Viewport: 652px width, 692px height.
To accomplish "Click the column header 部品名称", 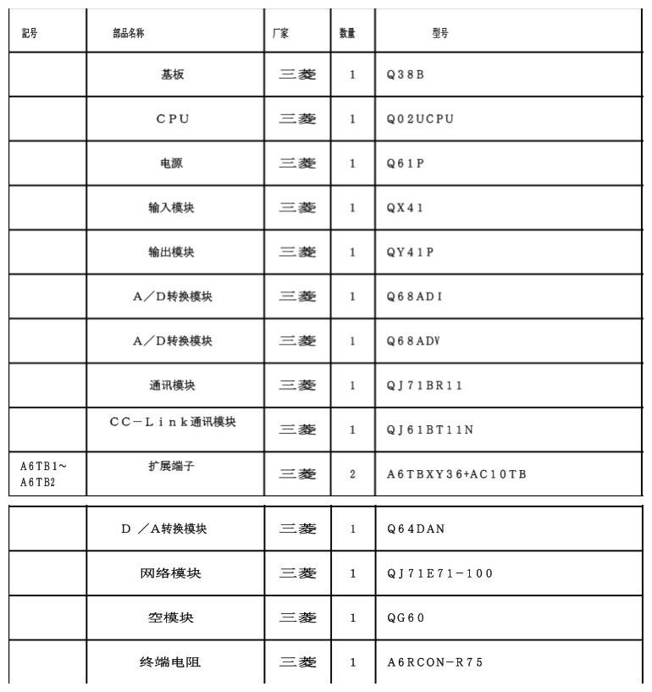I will pos(129,33).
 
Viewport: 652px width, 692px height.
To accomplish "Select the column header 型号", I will pos(440,33).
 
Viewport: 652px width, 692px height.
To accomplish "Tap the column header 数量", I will pos(347,33).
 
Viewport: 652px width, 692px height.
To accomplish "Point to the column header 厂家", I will pos(280,33).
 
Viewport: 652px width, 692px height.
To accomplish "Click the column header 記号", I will pos(30,33).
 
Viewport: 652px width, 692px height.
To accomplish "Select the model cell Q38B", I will pos(406,75).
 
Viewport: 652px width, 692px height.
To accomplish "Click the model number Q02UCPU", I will pos(420,119).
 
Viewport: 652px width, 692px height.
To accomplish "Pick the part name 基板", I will pos(173,75).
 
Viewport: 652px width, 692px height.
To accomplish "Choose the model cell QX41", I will pos(406,208).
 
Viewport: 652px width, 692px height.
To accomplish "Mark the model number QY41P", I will pos(410,252).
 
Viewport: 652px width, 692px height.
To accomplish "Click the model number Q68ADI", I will pos(415,296).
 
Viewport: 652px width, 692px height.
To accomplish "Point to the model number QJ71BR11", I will pos(425,385).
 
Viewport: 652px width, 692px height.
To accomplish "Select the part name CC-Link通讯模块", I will pos(173,422).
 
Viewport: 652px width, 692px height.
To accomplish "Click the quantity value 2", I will pos(352,474).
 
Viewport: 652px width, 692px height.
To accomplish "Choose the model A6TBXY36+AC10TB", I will pos(456,474).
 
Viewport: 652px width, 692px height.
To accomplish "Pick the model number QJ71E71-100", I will pos(440,573).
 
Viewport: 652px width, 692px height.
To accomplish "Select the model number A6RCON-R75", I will pos(435,662).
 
